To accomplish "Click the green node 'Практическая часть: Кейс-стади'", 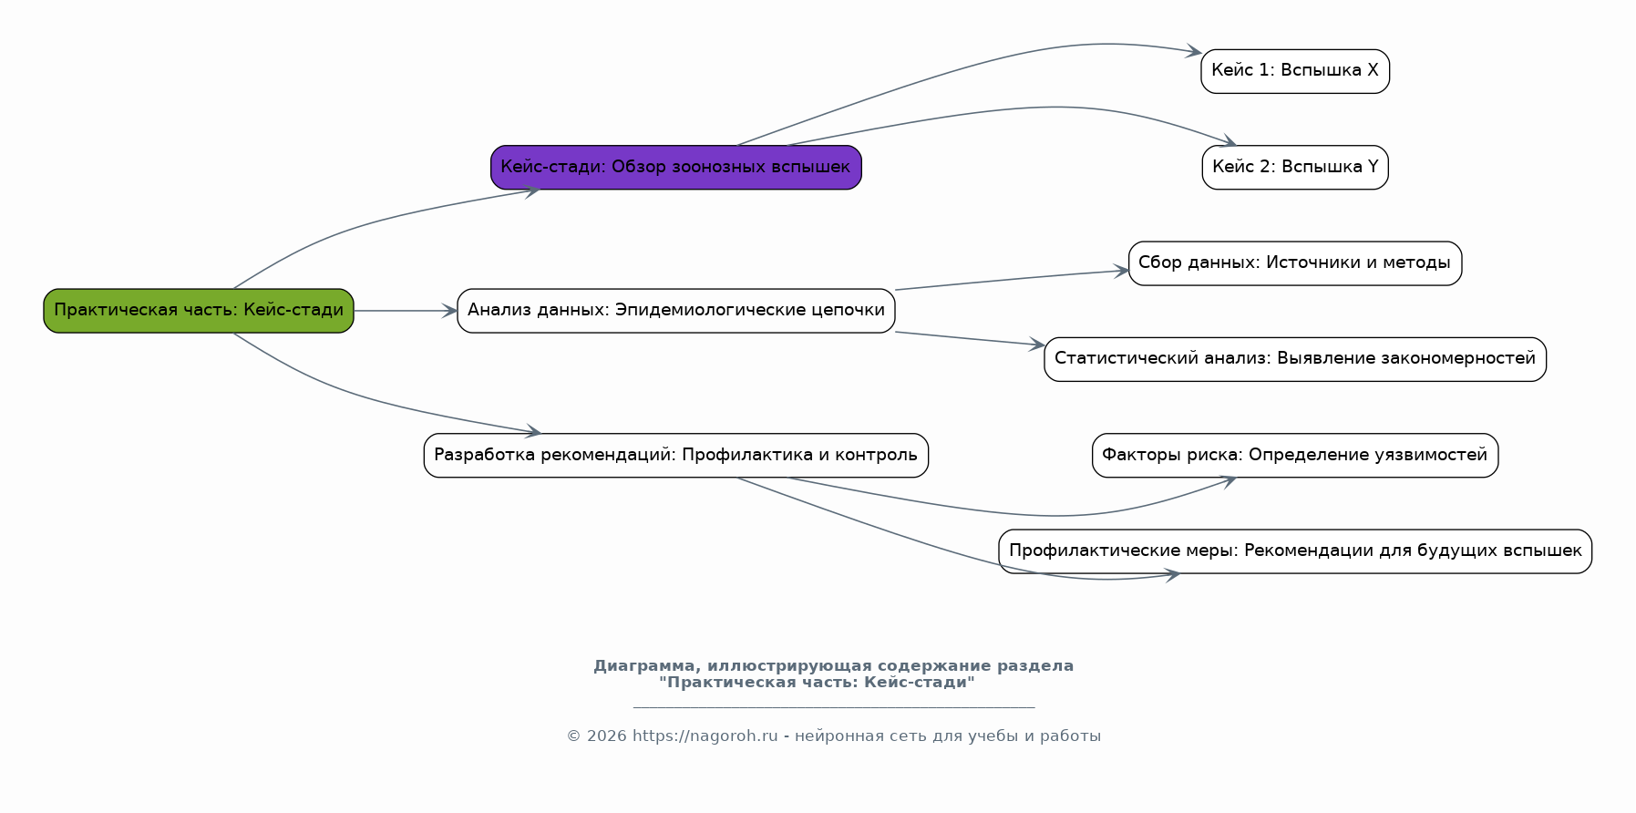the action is [x=199, y=311].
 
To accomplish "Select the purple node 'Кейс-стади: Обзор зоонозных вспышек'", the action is [x=676, y=168].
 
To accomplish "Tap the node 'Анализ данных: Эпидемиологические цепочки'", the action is [x=676, y=311].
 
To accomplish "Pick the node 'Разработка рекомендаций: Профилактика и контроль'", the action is [x=676, y=456].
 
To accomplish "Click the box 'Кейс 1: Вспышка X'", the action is [x=1295, y=71].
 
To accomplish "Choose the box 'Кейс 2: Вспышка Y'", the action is [x=1295, y=168].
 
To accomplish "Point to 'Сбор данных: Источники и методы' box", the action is [x=1295, y=263].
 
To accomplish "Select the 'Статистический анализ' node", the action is [x=1295, y=359].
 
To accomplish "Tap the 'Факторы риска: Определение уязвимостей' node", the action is [x=1295, y=456].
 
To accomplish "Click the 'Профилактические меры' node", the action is [x=1295, y=551].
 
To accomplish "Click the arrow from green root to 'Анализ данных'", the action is [x=406, y=311].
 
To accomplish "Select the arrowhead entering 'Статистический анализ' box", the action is [x=1036, y=345].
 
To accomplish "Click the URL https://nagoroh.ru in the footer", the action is [x=705, y=736].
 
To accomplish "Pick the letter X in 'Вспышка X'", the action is [x=1373, y=71].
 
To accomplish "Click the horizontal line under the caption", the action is [x=834, y=707].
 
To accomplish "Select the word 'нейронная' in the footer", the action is [x=833, y=736].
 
